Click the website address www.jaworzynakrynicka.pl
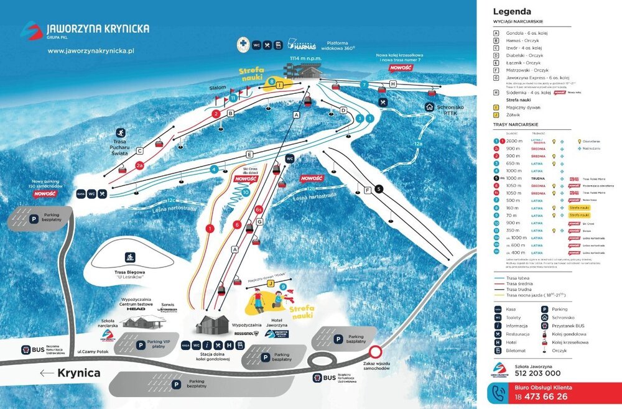click(91, 51)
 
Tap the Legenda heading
click(512, 11)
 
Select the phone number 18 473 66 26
click(539, 396)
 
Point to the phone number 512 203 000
click(537, 373)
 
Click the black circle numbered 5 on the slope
click(379, 188)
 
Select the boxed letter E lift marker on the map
click(249, 154)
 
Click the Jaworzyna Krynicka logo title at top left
click(98, 29)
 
